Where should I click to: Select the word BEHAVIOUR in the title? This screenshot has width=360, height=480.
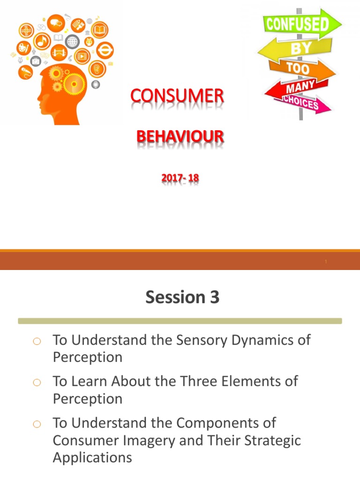(x=180, y=137)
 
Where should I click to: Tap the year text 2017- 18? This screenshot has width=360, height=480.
(x=180, y=179)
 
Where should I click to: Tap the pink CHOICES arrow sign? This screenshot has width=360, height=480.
(x=300, y=103)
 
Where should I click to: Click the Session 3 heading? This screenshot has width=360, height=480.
(x=182, y=297)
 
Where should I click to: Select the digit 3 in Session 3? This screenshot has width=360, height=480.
(x=214, y=297)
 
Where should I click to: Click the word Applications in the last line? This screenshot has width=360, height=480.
(x=92, y=457)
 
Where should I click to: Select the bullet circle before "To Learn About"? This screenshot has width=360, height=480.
(x=38, y=382)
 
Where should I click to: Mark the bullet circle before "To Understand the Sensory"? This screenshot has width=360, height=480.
(x=38, y=341)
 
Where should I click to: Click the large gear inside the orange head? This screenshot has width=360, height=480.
(x=75, y=83)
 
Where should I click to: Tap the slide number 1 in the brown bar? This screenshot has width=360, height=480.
(x=326, y=262)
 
